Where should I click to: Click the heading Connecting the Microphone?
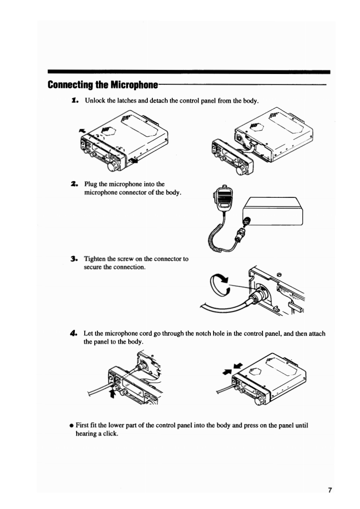(x=102, y=85)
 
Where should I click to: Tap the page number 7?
(x=330, y=490)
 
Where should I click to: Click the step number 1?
(x=75, y=100)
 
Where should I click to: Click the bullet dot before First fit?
(x=72, y=426)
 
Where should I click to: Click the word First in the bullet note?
(x=83, y=426)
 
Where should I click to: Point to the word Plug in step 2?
(x=91, y=185)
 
